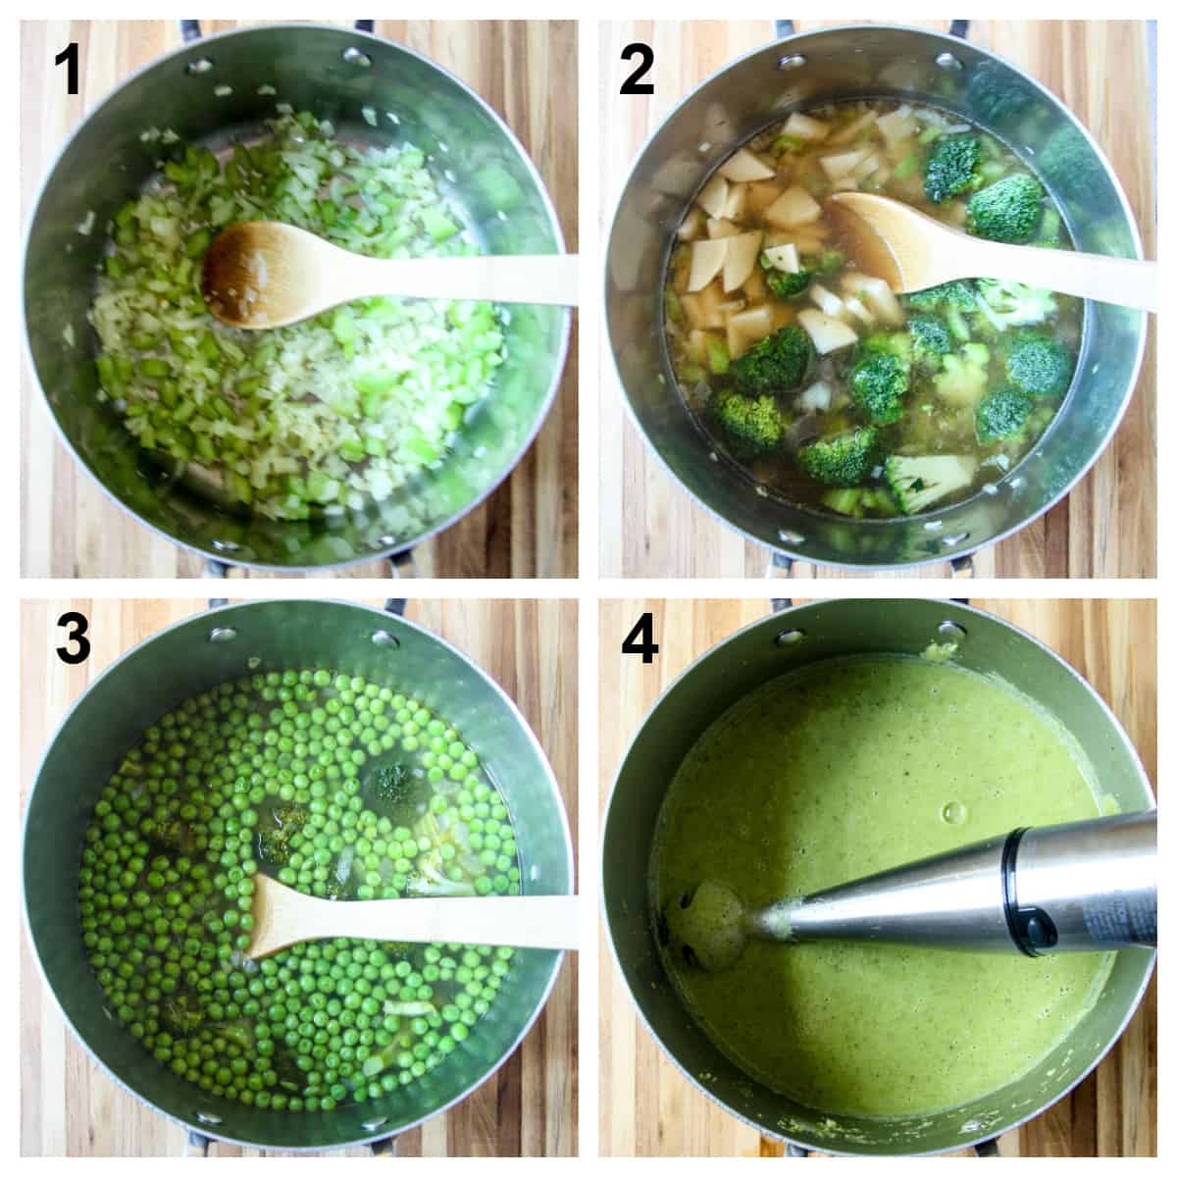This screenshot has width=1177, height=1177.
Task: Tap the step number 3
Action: coord(66,639)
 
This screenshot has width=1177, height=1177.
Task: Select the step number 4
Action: coord(639,639)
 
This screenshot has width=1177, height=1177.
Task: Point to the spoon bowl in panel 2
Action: coord(884,239)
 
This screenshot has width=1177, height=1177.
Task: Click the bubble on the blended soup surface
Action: coord(950,812)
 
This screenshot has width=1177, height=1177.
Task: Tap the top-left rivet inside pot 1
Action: coord(200,66)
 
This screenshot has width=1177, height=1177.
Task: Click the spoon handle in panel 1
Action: coord(441,275)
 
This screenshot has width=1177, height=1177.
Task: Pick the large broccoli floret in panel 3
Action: coord(393,785)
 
